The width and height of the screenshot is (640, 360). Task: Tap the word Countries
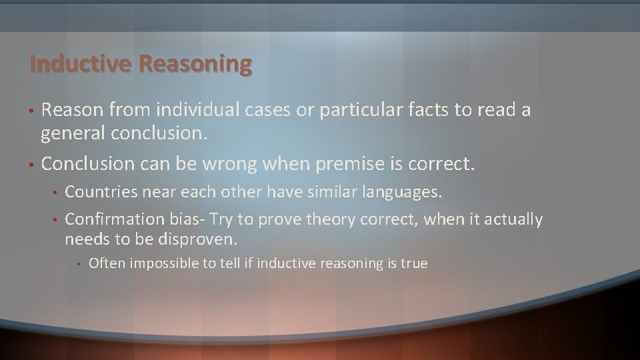tap(98, 193)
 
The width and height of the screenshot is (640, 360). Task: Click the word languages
tap(404, 193)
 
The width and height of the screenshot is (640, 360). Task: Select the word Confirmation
tap(114, 219)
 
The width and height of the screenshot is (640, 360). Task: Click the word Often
tap(106, 263)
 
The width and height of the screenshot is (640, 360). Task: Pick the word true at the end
tap(414, 263)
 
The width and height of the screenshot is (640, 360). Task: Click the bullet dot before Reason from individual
tap(31, 111)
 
